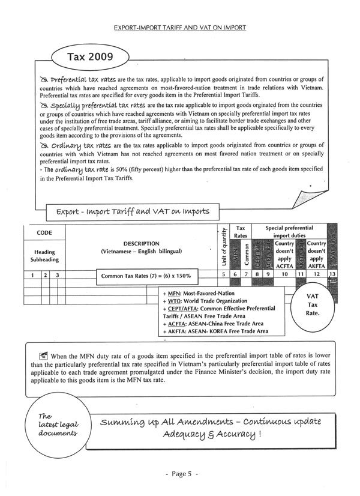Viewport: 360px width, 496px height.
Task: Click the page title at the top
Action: pos(179,27)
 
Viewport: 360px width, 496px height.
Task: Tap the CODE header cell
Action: pos(44,232)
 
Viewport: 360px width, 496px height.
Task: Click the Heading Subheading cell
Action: pos(44,255)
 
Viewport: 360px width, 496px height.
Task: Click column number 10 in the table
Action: pos(285,274)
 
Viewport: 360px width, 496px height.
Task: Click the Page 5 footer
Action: pos(179,474)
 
